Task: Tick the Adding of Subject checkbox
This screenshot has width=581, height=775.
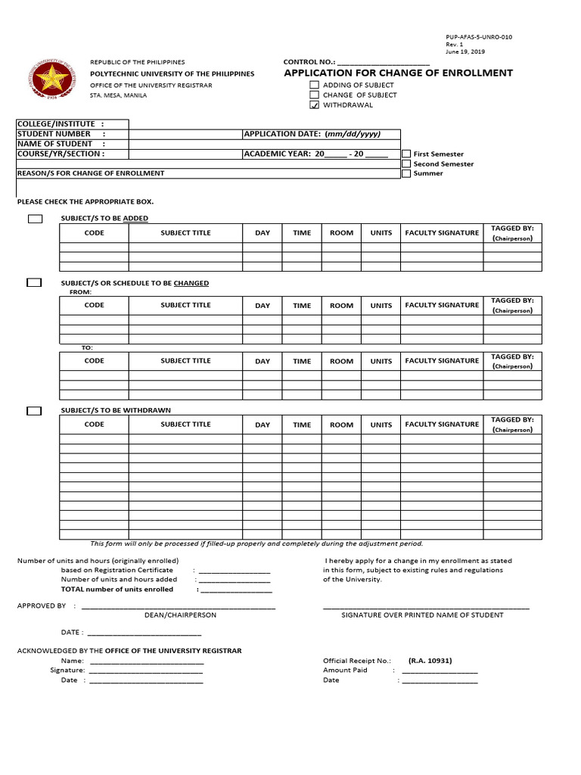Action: [x=314, y=86]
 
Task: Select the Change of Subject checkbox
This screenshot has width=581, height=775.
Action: [x=314, y=95]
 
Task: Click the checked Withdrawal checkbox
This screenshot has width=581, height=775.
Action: [x=314, y=105]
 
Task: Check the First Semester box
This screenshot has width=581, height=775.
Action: [x=406, y=154]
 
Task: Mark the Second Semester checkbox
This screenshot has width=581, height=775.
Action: [x=406, y=163]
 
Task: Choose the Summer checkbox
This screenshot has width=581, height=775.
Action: [x=406, y=173]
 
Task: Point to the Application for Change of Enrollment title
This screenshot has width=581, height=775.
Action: [x=398, y=73]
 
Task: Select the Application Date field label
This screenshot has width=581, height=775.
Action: [x=312, y=134]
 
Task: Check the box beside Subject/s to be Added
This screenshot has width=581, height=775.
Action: [x=35, y=219]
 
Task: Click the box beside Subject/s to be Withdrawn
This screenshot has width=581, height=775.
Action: [x=34, y=411]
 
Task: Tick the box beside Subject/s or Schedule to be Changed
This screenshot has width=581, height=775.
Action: [x=34, y=283]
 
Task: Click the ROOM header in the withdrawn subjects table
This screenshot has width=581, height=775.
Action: [x=341, y=425]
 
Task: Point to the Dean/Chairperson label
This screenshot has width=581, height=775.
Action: [x=180, y=615]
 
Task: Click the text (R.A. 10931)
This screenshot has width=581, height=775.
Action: [x=430, y=660]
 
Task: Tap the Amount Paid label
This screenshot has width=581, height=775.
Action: [x=345, y=670]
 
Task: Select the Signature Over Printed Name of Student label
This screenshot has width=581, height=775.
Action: [x=422, y=615]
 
